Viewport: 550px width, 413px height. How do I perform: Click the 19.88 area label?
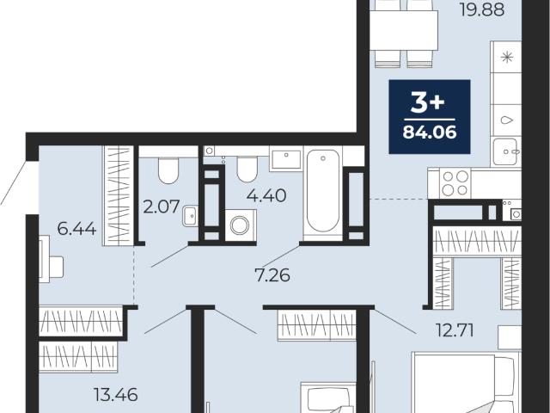[x=482, y=9]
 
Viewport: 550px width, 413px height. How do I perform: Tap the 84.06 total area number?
[x=430, y=133]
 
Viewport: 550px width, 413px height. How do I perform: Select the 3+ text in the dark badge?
[x=428, y=103]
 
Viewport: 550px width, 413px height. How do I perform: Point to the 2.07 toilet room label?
[x=162, y=206]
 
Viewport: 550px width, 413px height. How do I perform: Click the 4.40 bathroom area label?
[x=266, y=195]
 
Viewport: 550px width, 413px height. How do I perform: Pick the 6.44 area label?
[x=76, y=229]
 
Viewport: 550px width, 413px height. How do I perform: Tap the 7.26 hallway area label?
[x=272, y=275]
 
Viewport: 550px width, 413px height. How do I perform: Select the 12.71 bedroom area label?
[x=455, y=330]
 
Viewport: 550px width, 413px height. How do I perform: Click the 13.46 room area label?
[x=116, y=395]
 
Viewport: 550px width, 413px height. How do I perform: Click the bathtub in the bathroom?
[x=323, y=192]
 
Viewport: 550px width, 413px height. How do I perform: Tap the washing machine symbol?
[x=241, y=225]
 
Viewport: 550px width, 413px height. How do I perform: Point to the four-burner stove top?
[x=455, y=183]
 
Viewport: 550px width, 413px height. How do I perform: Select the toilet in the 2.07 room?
[x=168, y=170]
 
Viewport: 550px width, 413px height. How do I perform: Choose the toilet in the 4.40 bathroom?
[x=247, y=170]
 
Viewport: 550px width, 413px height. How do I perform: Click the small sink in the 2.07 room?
[x=190, y=216]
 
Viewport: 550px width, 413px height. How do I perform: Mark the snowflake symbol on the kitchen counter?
[x=507, y=57]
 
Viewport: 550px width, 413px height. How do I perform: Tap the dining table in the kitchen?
[x=404, y=31]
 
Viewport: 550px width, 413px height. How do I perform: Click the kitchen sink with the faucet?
[x=505, y=151]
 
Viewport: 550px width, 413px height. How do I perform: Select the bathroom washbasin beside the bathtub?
[x=286, y=159]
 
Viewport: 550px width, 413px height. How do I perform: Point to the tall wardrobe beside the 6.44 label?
[x=118, y=195]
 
